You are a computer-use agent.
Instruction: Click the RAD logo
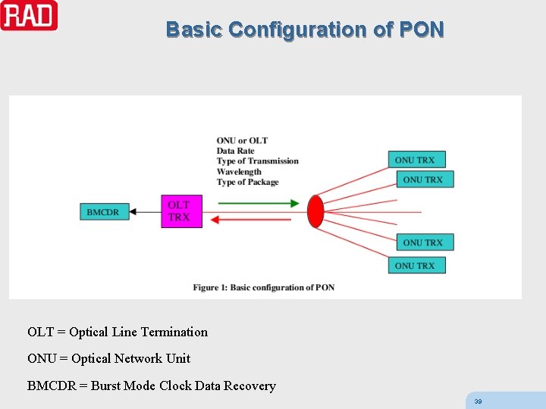click(x=29, y=15)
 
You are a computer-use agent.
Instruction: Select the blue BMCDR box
click(x=104, y=212)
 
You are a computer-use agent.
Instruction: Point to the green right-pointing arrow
click(x=258, y=203)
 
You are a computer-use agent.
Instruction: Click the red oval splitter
click(x=315, y=211)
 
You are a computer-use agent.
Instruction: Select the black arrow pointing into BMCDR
click(x=144, y=212)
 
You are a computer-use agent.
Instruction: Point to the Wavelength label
click(x=239, y=172)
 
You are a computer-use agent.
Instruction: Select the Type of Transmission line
click(x=258, y=161)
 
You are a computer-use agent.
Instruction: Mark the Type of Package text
click(x=248, y=183)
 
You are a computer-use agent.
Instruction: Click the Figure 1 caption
click(x=263, y=287)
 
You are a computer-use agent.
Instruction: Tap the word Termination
click(x=174, y=332)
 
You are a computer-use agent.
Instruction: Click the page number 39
click(x=478, y=401)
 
